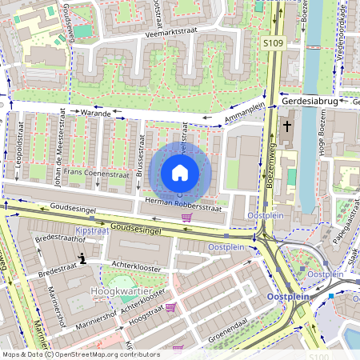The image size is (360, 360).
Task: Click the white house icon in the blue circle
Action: [180, 172]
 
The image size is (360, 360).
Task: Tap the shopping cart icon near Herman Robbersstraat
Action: [187, 217]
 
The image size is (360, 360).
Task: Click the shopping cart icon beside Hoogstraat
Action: [170, 306]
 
